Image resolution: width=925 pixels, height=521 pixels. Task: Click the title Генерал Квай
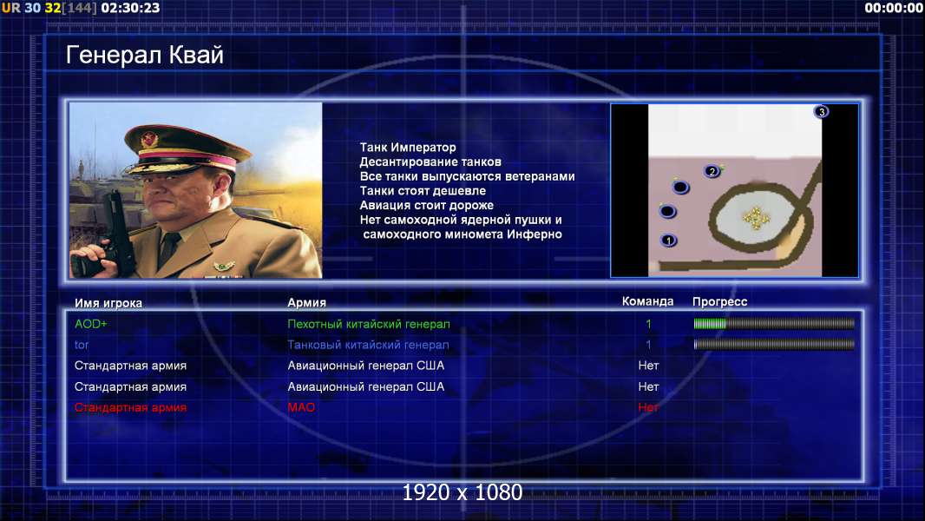[145, 55]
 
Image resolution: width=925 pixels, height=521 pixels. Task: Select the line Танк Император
[408, 148]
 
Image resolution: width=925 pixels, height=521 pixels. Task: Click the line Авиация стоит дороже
[427, 205]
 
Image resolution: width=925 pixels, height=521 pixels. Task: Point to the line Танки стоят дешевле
[423, 190]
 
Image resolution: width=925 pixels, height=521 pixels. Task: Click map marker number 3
[821, 111]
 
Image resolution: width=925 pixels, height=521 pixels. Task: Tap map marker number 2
[712, 172]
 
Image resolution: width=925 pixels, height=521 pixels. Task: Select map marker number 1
[668, 241]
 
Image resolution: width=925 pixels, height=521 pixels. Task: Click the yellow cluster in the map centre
[756, 218]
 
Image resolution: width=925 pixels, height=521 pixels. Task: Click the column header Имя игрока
[108, 303]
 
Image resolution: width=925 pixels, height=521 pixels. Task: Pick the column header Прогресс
[719, 301]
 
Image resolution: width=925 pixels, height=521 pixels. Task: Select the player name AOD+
[91, 324]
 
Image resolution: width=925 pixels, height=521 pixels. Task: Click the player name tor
[82, 345]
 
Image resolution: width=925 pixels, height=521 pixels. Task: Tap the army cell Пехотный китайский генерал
[369, 324]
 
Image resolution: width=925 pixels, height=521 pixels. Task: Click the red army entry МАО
[301, 407]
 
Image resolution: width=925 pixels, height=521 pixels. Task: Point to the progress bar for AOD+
[774, 323]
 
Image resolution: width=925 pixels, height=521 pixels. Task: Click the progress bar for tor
[774, 344]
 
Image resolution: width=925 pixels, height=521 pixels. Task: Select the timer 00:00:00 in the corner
[893, 8]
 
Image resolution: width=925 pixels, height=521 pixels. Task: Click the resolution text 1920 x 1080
[462, 492]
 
